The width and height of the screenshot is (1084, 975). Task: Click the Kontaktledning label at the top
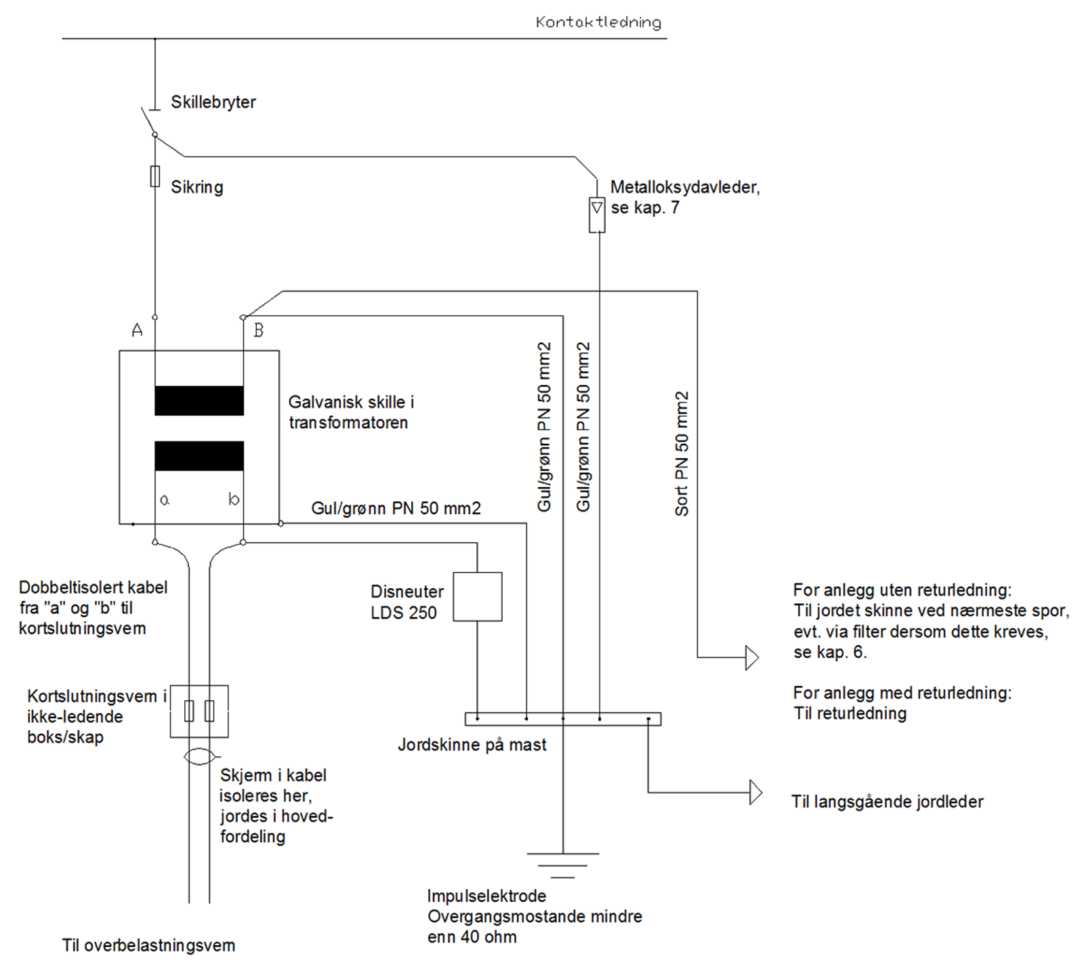(x=598, y=22)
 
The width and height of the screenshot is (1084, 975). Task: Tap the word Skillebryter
(x=213, y=102)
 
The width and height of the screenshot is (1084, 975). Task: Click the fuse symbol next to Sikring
(x=155, y=176)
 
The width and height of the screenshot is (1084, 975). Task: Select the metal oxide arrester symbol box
(x=597, y=215)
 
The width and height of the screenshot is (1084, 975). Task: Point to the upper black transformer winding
(x=199, y=400)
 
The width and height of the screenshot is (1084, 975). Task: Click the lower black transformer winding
(x=199, y=456)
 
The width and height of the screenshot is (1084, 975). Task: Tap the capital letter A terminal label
(x=138, y=331)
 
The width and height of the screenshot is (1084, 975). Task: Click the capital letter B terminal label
(x=258, y=331)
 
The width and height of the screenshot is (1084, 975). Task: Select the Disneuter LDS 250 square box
(x=478, y=597)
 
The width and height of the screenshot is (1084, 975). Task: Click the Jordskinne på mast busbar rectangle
(x=563, y=719)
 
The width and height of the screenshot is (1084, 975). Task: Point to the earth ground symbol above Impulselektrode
(x=563, y=865)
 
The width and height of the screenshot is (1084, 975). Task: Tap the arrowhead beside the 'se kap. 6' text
(x=751, y=657)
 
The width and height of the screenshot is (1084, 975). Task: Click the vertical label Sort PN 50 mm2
(x=682, y=453)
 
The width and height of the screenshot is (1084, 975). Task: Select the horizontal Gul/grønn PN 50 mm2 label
(x=396, y=509)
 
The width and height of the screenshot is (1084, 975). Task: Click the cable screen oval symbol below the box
(x=199, y=756)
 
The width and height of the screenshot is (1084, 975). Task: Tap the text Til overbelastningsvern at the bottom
(x=148, y=946)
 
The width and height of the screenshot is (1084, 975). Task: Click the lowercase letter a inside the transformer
(x=165, y=500)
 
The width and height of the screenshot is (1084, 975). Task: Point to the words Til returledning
(x=850, y=713)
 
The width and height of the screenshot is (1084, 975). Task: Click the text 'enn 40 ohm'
(x=472, y=938)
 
